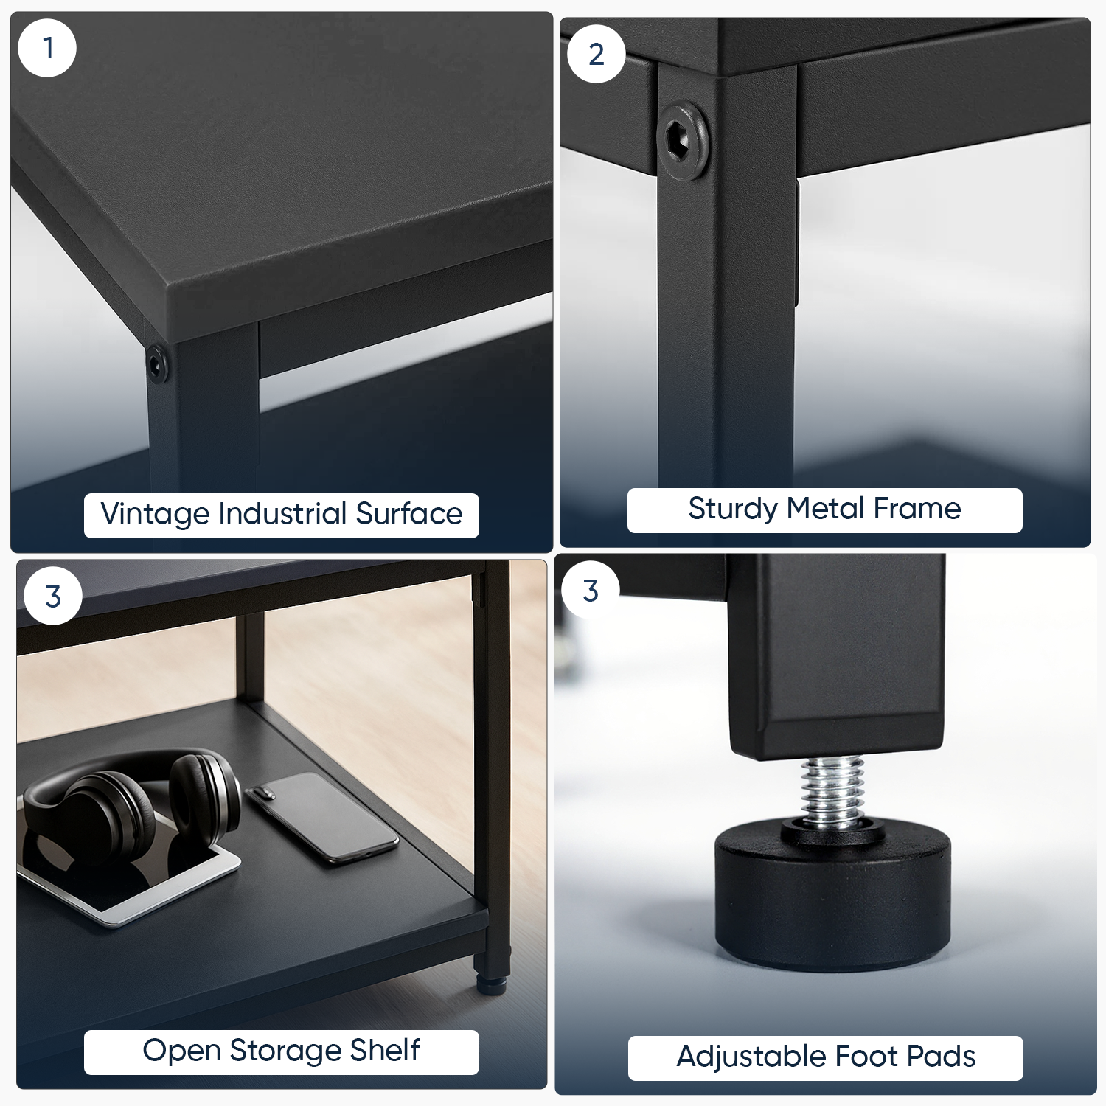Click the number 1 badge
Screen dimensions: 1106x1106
coord(47,48)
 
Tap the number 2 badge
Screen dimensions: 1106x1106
coord(596,54)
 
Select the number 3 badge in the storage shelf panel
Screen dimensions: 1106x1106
coord(53,597)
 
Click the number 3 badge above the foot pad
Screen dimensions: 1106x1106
coord(591,591)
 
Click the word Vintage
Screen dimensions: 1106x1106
coord(155,514)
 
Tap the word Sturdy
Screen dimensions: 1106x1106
coord(733,509)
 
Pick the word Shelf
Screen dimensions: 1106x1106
coord(385,1050)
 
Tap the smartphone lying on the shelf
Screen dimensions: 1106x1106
coord(321,816)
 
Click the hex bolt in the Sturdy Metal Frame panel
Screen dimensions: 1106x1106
coord(684,137)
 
